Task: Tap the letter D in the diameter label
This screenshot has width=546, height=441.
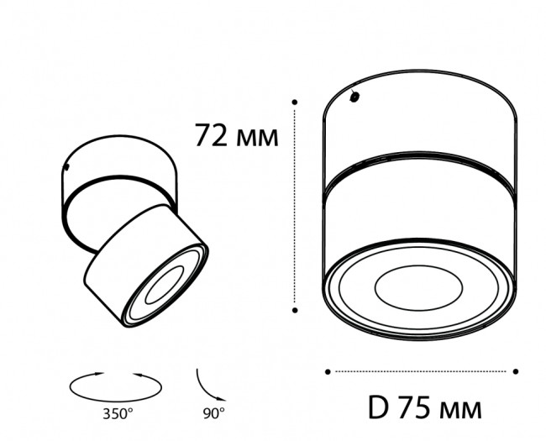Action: [x=378, y=409]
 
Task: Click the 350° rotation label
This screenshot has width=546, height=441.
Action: [x=118, y=413]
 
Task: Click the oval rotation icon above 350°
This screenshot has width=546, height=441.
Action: [x=115, y=386]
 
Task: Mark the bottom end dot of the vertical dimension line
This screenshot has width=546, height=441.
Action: [x=296, y=309]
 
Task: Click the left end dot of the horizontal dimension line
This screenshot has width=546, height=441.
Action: [x=327, y=370]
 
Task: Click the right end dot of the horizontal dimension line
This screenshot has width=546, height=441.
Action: [x=516, y=370]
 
